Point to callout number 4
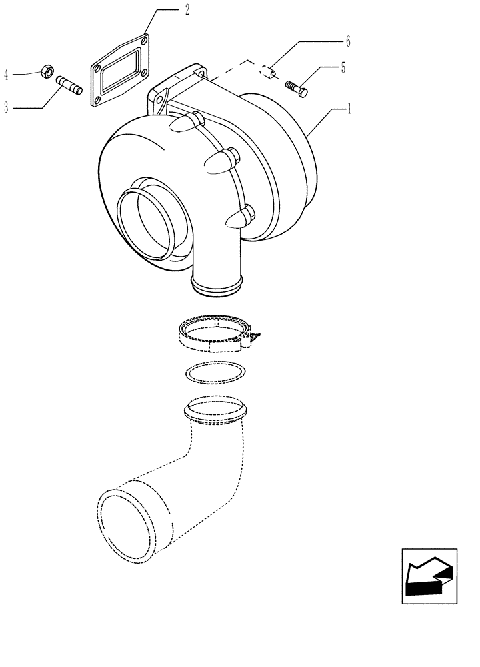pyautogui.click(x=7, y=74)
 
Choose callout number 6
pyautogui.click(x=347, y=41)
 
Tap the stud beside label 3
pyautogui.click(x=69, y=85)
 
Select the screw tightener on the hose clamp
pyautogui.click(x=255, y=336)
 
